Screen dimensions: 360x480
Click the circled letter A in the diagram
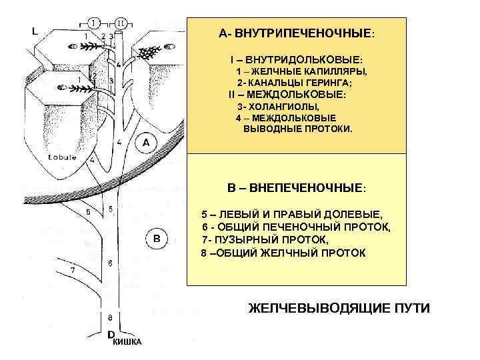point(146,143)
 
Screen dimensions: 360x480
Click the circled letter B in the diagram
point(156,237)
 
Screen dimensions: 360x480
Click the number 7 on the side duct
point(73,270)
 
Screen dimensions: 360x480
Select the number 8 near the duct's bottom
point(109,316)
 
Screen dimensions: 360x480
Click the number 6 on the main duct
point(110,263)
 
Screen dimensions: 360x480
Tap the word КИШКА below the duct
point(127,342)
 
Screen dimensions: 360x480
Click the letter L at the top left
point(35,31)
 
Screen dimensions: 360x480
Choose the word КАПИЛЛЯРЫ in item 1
point(331,71)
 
